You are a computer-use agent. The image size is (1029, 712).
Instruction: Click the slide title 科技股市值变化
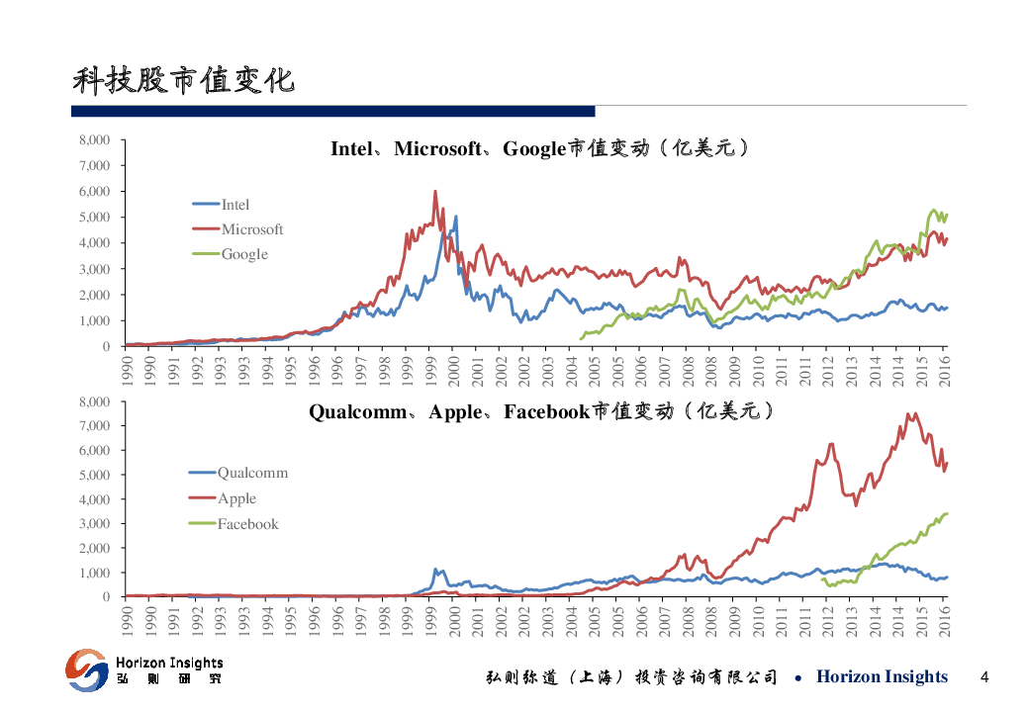pyautogui.click(x=183, y=80)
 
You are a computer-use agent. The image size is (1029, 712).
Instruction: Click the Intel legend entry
pyautogui.click(x=234, y=205)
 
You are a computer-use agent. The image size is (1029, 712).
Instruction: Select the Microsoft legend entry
pyautogui.click(x=251, y=229)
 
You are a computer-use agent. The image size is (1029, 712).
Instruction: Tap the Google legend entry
pyautogui.click(x=244, y=254)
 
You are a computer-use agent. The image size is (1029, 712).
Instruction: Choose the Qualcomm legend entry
pyautogui.click(x=252, y=473)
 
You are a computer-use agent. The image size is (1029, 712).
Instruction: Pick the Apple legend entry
pyautogui.click(x=236, y=498)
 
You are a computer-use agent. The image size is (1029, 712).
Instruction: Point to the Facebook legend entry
pyautogui.click(x=247, y=524)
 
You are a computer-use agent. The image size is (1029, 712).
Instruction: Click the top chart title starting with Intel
pyautogui.click(x=539, y=149)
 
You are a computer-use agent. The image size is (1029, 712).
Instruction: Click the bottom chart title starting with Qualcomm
pyautogui.click(x=540, y=411)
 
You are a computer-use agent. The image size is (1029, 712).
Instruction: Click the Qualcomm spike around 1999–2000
pyautogui.click(x=435, y=570)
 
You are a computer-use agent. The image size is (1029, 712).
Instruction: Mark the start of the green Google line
pyautogui.click(x=581, y=339)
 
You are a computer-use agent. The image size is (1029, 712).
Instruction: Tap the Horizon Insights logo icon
pyautogui.click(x=86, y=669)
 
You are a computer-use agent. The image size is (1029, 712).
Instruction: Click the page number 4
pyautogui.click(x=983, y=677)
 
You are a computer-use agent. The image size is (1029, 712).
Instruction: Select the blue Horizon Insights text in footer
pyautogui.click(x=882, y=677)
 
